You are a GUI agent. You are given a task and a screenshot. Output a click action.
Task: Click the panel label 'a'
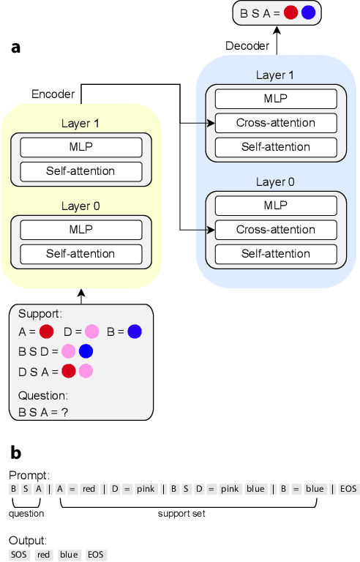[15, 48]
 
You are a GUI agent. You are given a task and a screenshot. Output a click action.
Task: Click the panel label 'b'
[15, 452]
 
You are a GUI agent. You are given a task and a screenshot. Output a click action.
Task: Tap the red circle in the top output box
[290, 12]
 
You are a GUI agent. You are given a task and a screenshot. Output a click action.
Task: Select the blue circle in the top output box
[308, 12]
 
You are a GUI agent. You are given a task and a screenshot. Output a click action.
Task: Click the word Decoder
[247, 46]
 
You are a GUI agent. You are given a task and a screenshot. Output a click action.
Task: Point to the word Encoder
[53, 94]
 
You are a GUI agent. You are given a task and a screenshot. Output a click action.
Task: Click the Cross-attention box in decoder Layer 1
[275, 123]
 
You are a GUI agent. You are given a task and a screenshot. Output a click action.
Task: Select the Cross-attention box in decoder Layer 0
[275, 230]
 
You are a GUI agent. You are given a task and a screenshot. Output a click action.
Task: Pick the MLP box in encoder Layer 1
[81, 147]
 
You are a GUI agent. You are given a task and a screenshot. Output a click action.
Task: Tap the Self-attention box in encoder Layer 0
[81, 254]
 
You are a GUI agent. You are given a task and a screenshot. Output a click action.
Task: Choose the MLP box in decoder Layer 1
[275, 100]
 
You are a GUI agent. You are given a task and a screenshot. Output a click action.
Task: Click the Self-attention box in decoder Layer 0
[275, 254]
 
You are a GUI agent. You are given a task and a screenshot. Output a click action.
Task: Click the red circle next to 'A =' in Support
[47, 331]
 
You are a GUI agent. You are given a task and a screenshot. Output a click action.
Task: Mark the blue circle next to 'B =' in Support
[134, 331]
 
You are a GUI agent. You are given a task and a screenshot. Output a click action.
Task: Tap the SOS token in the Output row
[18, 555]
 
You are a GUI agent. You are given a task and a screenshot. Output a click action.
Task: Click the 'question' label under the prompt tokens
[26, 514]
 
